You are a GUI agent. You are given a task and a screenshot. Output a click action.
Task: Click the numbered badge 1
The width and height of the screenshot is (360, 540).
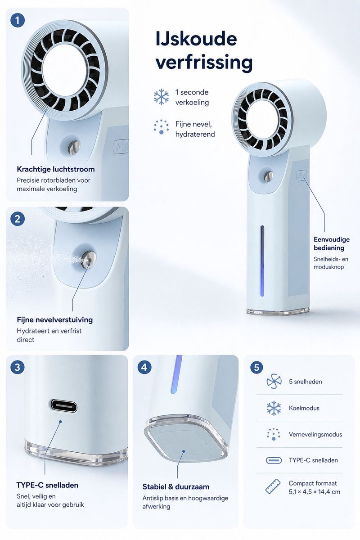pos(18,20)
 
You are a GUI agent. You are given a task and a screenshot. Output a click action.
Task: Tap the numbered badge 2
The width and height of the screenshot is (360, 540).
pos(18,219)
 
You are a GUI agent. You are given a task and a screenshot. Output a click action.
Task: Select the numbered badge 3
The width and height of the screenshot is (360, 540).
pos(18,367)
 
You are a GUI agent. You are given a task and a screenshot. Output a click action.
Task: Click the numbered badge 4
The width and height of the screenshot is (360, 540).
pos(144,367)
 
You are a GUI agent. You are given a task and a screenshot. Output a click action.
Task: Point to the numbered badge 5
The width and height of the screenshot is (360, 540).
pos(256,367)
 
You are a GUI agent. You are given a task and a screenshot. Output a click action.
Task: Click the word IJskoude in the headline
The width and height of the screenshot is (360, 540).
pos(196,39)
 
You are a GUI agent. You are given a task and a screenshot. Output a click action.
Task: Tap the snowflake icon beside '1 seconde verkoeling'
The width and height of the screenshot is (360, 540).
pos(161,97)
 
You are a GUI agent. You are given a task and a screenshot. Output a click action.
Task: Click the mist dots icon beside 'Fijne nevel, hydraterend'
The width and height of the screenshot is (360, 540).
pos(161,127)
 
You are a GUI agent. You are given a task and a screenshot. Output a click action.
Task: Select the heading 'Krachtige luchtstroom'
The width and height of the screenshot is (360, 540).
pos(56,169)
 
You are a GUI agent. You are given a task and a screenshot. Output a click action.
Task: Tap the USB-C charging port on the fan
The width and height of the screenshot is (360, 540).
pos(64,406)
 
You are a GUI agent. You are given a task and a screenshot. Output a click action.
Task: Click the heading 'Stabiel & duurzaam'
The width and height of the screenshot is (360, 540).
pos(176,487)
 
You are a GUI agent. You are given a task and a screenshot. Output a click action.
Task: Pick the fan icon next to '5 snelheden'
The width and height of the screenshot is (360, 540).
pos(274,382)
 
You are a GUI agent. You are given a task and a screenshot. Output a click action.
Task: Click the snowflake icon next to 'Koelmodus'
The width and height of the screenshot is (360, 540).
pos(274,408)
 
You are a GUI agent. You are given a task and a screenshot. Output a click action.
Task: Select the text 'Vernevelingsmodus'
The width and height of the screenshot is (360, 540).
pos(315,434)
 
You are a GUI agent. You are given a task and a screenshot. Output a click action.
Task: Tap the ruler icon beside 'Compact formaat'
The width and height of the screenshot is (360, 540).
pos(273,486)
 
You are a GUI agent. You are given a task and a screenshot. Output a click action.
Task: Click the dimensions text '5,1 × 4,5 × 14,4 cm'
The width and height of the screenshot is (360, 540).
pos(315,492)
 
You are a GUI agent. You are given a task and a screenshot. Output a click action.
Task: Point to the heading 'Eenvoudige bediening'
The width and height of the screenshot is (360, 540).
pos(332,243)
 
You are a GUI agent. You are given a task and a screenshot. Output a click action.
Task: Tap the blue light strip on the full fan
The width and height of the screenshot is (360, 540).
pos(262,261)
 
